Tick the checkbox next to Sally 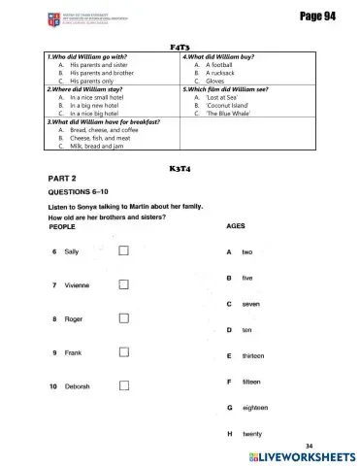123,252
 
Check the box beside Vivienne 123,285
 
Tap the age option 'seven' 249,305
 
